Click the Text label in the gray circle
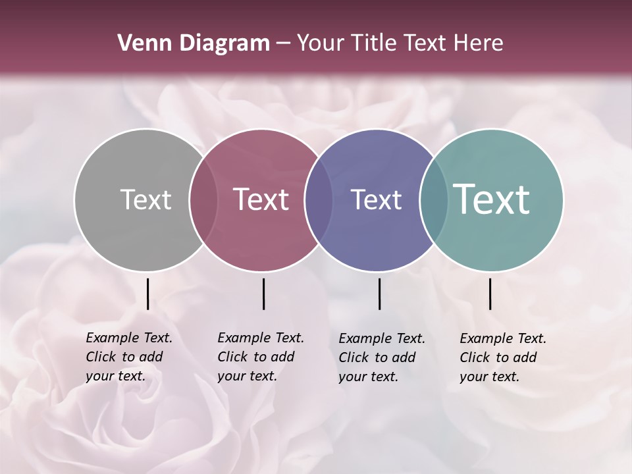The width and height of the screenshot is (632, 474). tap(145, 199)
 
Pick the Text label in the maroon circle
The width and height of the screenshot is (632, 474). tap(261, 199)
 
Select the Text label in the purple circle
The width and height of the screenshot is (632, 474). tap(376, 199)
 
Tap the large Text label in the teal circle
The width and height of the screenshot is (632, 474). tap(492, 199)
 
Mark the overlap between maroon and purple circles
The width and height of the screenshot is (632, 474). tap(319, 199)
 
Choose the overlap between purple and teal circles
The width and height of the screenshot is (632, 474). tap(433, 199)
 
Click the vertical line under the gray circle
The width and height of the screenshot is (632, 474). tap(147, 294)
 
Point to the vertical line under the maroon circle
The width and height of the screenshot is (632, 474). tap(263, 294)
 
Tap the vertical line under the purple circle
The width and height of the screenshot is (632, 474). tap(379, 294)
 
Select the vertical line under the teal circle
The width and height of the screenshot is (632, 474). tap(490, 294)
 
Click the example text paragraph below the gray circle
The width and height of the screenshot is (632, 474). tap(129, 357)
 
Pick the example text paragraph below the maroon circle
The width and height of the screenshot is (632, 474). tap(261, 357)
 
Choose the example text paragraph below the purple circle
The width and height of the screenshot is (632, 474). tap(382, 357)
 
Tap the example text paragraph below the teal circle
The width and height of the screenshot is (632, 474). tap(503, 357)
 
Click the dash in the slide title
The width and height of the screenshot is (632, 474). tap(283, 44)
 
